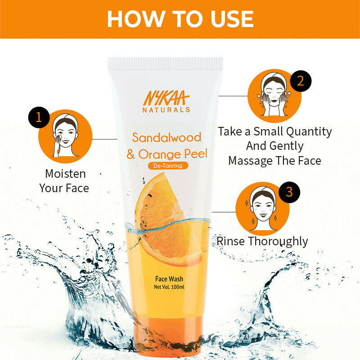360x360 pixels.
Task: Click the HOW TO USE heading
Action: coord(180,18)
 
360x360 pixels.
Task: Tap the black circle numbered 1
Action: coord(39,117)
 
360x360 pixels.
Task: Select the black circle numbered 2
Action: coord(301,81)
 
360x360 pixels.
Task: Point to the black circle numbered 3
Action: coord(289,192)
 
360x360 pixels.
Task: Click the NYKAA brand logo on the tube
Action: coord(166,98)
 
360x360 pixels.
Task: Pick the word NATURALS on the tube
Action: coord(166,109)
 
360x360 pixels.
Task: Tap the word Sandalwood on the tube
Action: coord(166,137)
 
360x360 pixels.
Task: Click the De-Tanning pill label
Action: coord(168,166)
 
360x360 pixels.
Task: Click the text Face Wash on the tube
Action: coord(169,279)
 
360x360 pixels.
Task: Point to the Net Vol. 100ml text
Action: coord(169,287)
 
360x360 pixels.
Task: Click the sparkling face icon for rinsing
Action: coord(263,208)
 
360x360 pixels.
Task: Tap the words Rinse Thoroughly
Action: coord(262,241)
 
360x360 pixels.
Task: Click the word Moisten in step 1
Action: coord(65,174)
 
